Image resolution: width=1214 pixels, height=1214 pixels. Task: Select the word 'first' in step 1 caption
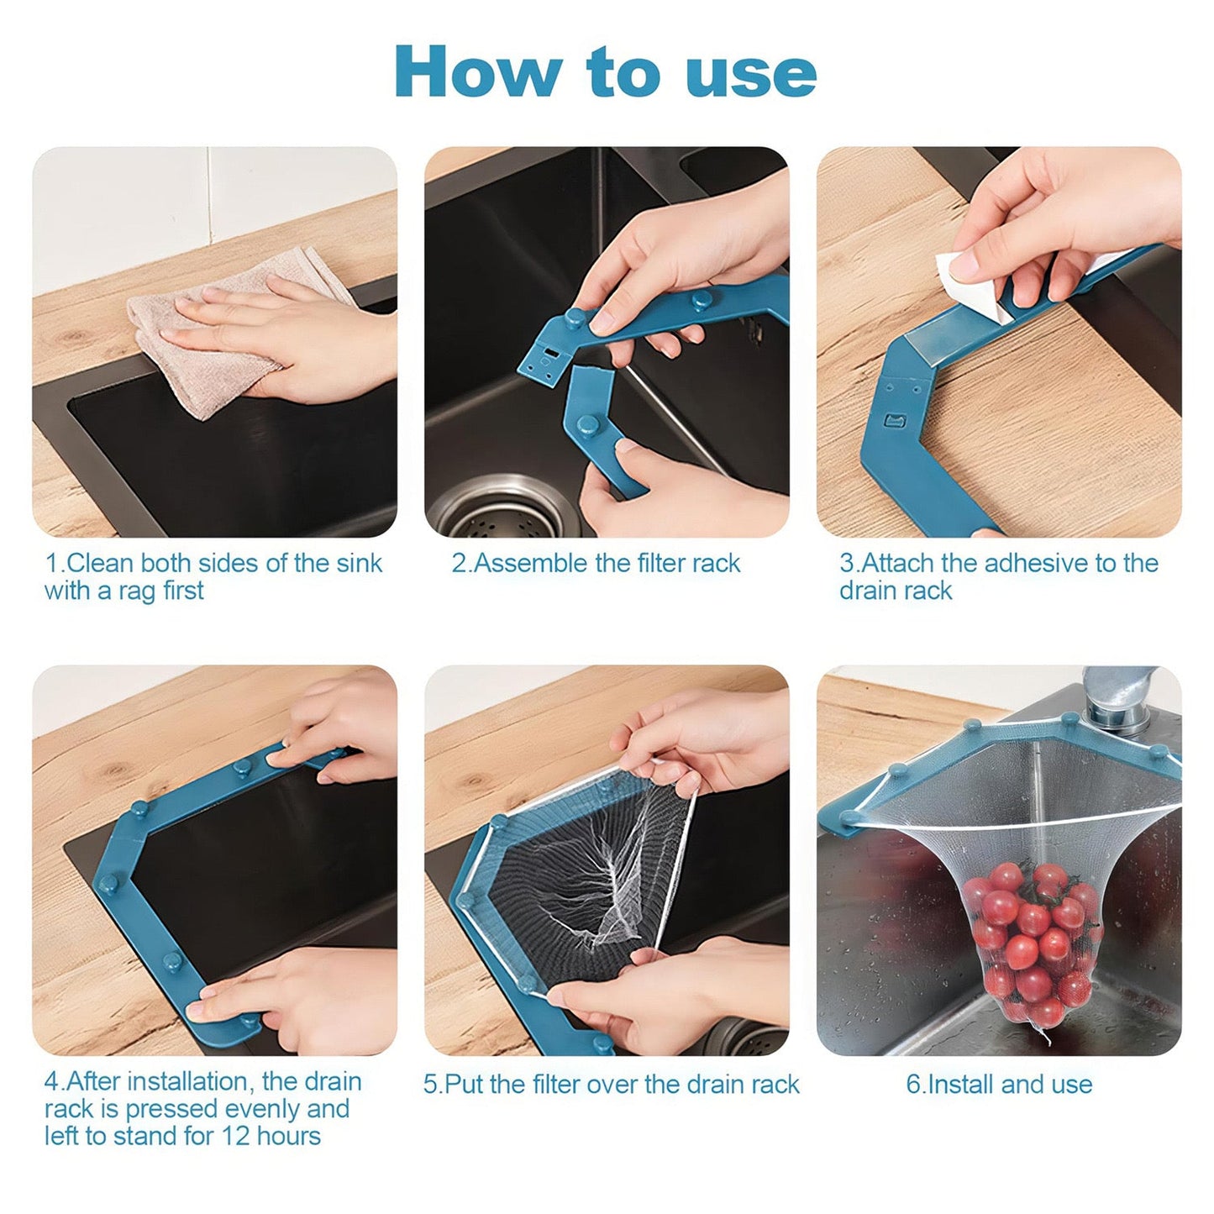click(184, 591)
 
